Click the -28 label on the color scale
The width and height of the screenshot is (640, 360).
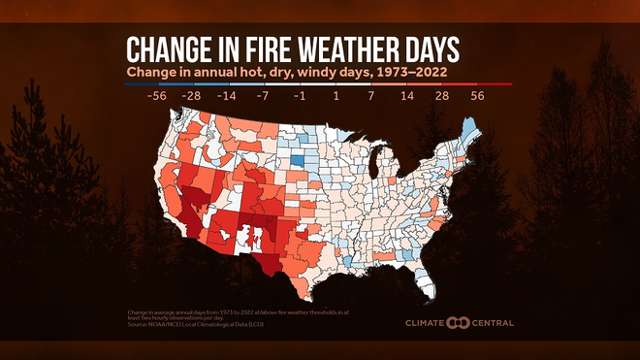tap(191, 98)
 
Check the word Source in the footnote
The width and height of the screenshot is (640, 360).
tap(138, 322)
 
